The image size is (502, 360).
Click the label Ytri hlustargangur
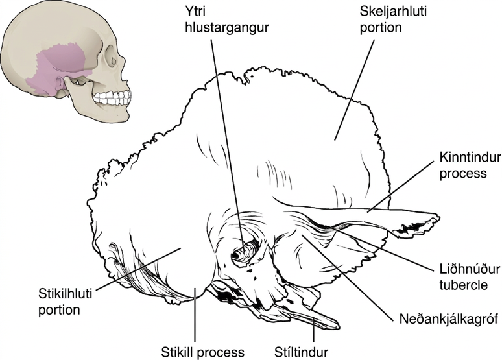(226, 19)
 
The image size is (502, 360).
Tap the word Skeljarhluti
(393, 12)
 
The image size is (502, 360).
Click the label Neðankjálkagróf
(449, 319)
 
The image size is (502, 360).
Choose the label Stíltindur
(301, 352)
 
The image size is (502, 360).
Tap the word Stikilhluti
(65, 294)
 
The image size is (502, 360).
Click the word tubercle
(463, 285)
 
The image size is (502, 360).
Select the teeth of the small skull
(113, 98)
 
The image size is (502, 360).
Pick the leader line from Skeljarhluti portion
(354, 90)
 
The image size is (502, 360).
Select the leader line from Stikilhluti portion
(138, 269)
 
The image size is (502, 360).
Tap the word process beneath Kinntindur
(463, 174)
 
